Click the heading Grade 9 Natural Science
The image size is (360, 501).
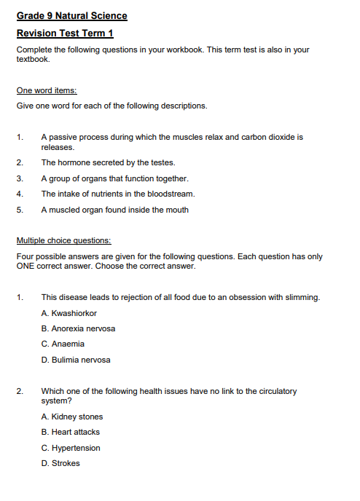coord(71,16)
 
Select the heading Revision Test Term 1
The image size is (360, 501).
coord(64,33)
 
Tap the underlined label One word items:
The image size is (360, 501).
coord(47,90)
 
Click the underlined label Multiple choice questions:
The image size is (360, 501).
coord(63,241)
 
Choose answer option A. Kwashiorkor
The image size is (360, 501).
coord(72,313)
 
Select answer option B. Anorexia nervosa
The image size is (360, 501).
coord(78,328)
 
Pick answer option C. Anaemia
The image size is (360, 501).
coord(63,344)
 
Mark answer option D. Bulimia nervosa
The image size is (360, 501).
coord(76,360)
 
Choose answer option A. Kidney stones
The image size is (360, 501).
coord(72,417)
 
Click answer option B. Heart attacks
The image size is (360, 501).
coord(71,432)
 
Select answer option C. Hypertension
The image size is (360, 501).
coord(71,448)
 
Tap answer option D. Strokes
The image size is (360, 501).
coord(60,463)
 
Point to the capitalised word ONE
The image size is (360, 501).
coord(26,266)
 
